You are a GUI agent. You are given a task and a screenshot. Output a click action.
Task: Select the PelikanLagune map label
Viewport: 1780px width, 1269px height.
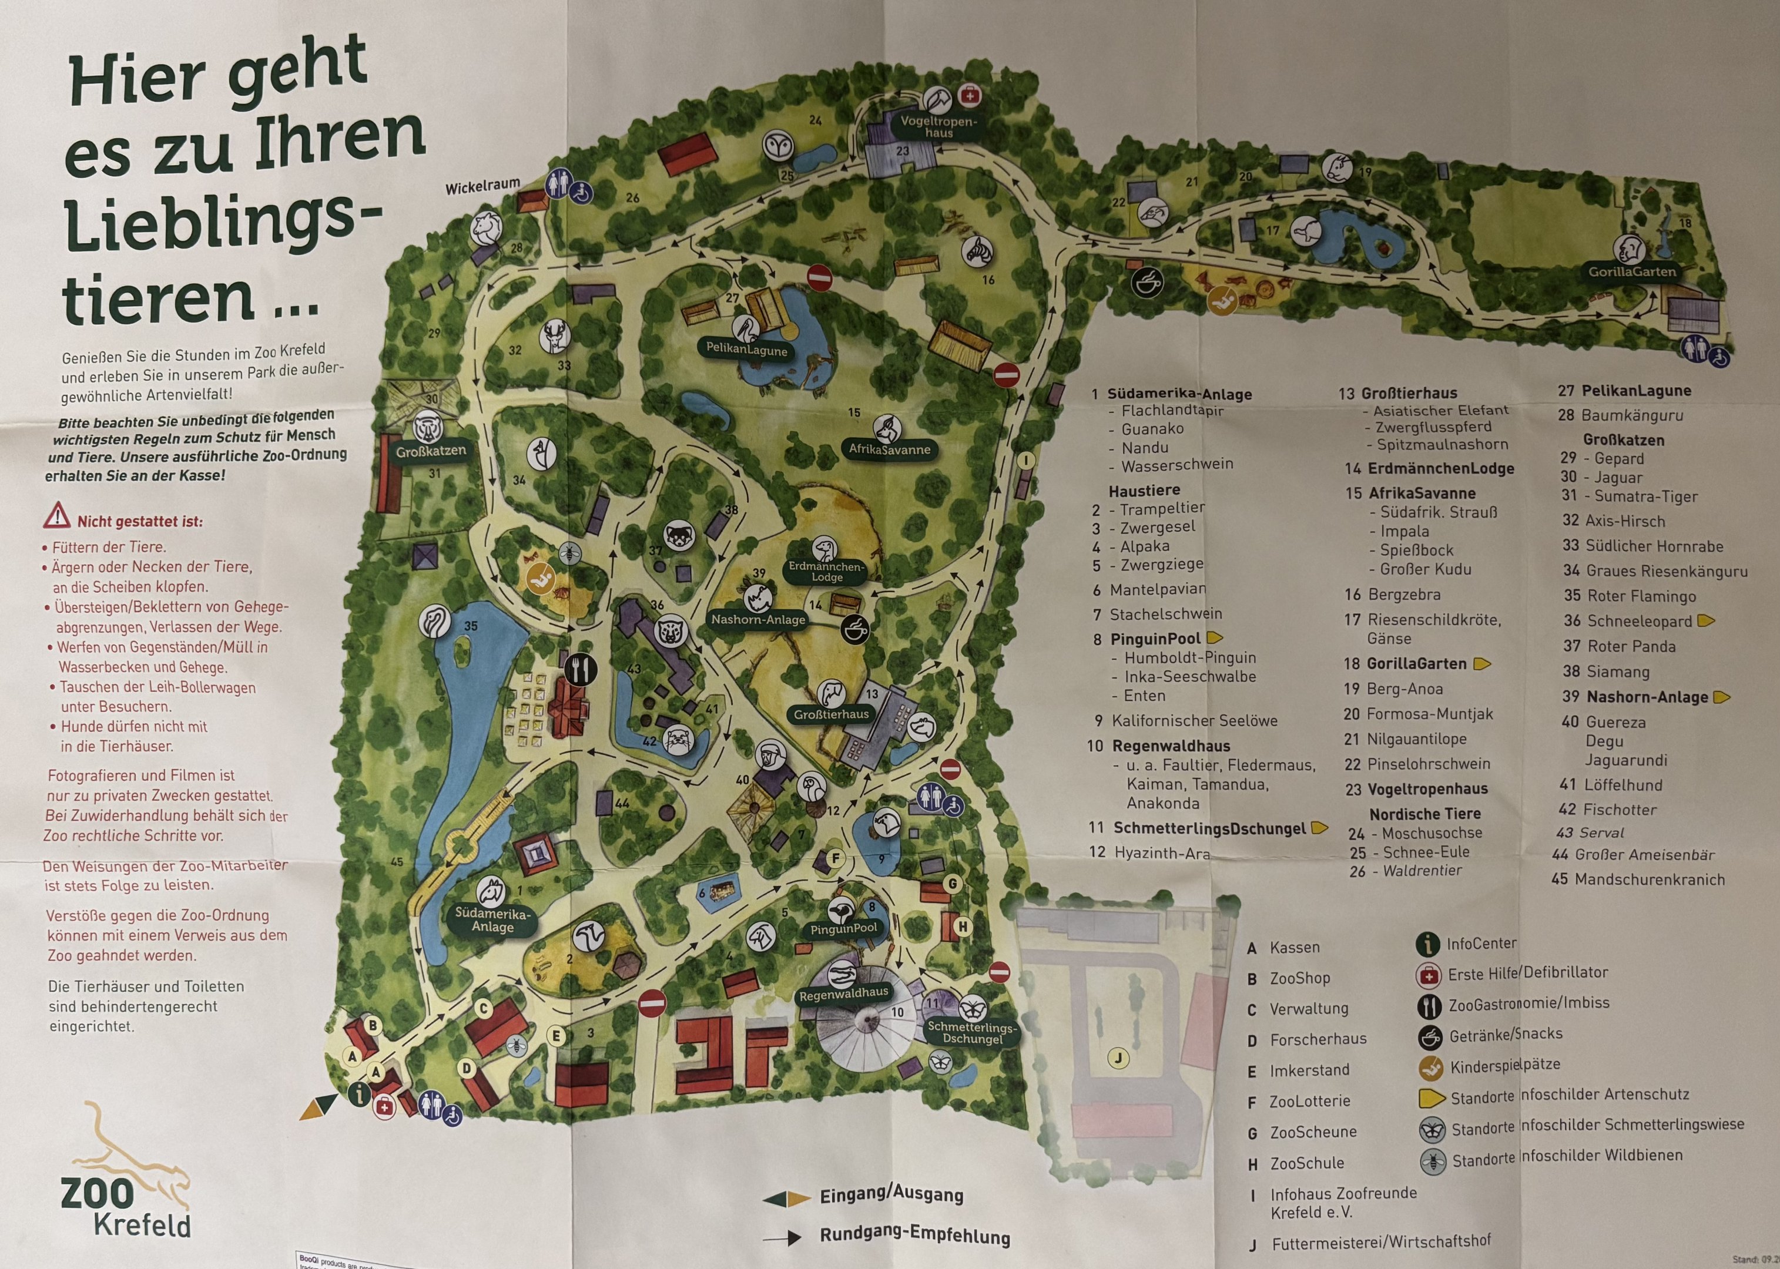(x=746, y=350)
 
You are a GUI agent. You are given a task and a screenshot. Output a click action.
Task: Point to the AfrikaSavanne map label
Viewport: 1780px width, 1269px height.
(x=889, y=449)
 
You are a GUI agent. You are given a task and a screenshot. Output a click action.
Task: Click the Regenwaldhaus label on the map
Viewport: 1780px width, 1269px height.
(x=843, y=993)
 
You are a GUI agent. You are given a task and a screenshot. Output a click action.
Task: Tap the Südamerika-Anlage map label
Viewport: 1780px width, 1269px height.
(x=492, y=919)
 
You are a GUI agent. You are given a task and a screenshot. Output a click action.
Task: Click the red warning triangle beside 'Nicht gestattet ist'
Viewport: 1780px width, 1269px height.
(x=57, y=517)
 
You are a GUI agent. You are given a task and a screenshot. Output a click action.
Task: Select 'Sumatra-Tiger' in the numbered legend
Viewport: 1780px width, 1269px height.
(x=1645, y=496)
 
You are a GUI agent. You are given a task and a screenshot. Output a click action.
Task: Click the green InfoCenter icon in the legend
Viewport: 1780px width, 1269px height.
(x=1427, y=945)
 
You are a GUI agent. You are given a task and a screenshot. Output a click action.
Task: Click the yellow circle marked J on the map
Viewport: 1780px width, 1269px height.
(x=1119, y=1059)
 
